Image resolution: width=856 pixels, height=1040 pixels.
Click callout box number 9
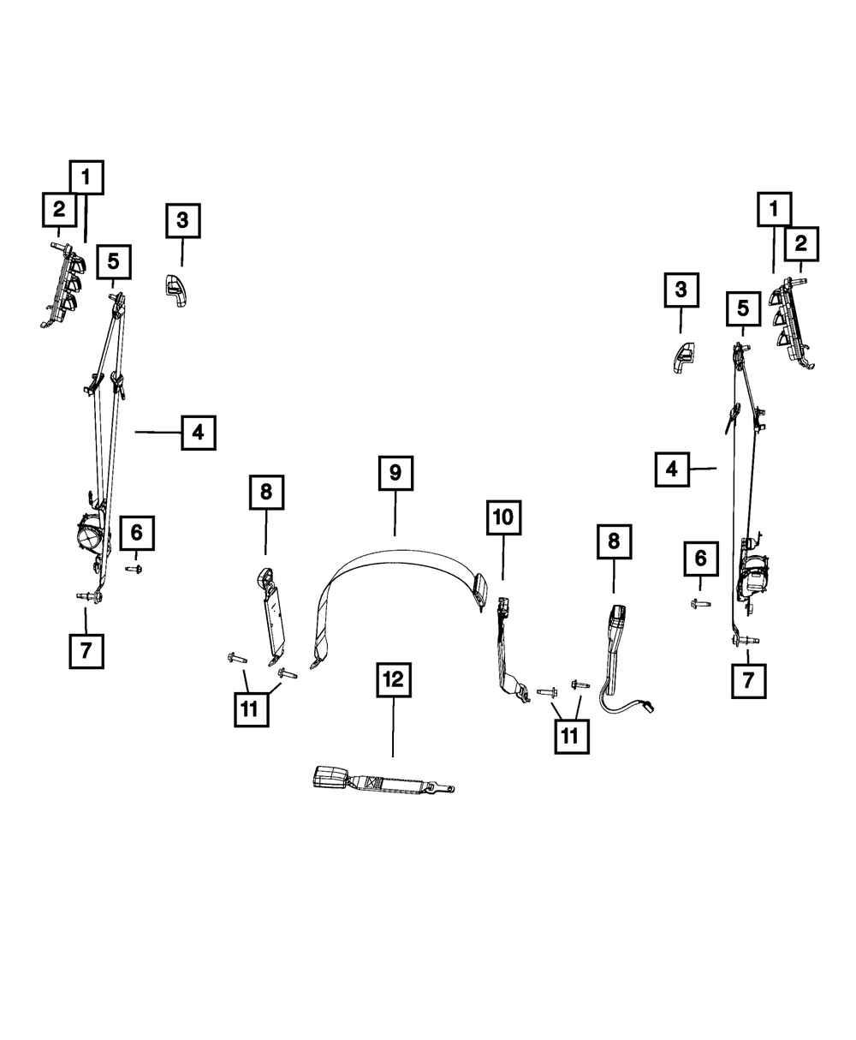click(x=395, y=473)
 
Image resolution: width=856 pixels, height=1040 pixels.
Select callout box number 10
click(x=503, y=517)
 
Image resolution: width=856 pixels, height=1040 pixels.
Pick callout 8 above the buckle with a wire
click(x=613, y=541)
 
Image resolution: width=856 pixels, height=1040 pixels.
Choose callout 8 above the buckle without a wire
click(x=265, y=492)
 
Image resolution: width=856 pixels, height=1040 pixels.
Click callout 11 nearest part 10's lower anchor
click(x=572, y=735)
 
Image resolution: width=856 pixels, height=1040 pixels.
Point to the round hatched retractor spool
click(x=88, y=538)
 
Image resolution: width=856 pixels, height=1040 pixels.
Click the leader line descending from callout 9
click(x=395, y=515)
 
